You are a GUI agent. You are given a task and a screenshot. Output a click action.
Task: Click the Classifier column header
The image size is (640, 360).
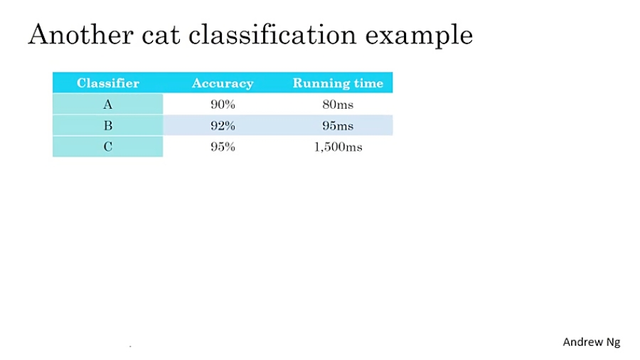(108, 83)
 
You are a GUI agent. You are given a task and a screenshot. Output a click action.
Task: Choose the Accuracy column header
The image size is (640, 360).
(223, 83)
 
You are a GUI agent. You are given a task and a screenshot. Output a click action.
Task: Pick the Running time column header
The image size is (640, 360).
(338, 83)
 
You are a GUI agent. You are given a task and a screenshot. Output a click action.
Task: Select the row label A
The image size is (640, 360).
(108, 105)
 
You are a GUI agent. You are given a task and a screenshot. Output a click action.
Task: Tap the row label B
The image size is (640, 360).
(108, 126)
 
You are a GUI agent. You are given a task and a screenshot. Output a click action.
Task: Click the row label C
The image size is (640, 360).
(108, 147)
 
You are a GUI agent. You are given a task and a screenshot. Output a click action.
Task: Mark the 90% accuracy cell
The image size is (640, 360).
(223, 105)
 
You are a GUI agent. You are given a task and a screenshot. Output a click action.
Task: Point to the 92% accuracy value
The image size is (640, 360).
(223, 126)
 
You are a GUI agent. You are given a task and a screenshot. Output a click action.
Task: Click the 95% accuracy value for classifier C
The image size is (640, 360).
(223, 147)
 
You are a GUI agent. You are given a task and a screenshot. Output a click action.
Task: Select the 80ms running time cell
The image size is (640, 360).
(338, 105)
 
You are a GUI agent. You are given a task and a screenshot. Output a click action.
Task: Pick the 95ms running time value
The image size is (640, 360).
(338, 126)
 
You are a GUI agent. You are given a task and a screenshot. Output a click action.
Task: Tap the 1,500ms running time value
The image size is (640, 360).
(338, 147)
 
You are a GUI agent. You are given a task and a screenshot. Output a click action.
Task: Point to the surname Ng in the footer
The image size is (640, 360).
(613, 342)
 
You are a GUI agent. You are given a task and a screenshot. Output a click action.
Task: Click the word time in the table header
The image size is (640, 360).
(370, 83)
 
